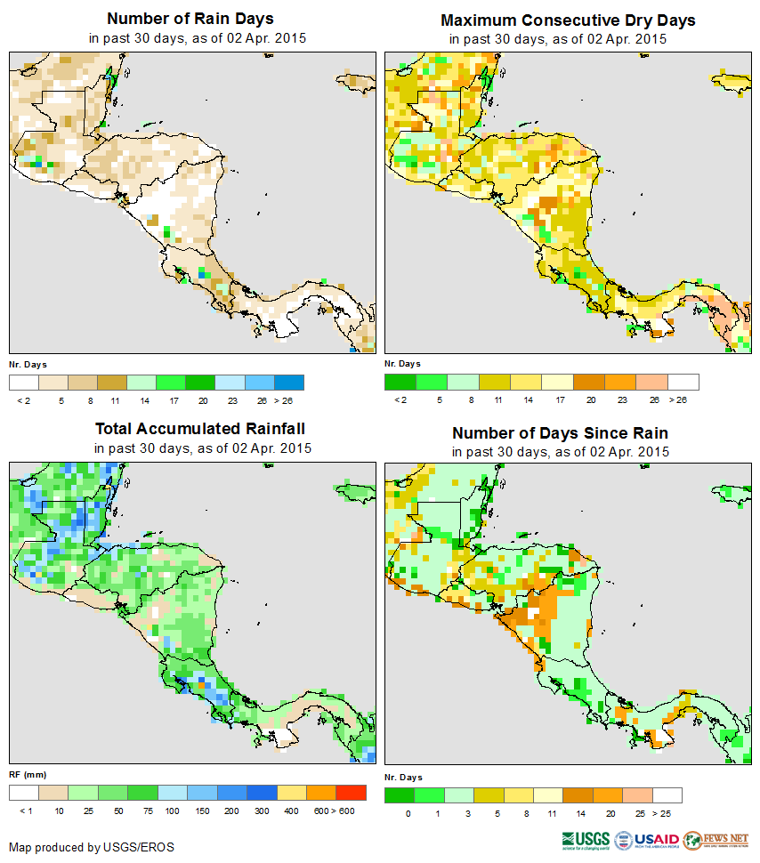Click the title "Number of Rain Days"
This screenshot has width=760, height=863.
click(x=190, y=19)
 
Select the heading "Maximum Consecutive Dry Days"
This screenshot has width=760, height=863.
click(x=568, y=20)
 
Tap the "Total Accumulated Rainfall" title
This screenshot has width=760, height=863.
click(x=204, y=429)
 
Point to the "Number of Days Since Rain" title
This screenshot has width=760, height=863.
click(x=560, y=432)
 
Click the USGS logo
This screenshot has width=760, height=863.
click(x=586, y=839)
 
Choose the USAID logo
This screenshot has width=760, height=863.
click(x=647, y=839)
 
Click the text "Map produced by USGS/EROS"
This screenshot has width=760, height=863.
click(x=92, y=847)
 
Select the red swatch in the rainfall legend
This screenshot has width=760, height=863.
click(x=352, y=793)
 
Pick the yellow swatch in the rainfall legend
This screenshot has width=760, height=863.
click(x=291, y=793)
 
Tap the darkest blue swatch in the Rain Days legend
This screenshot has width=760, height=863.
click(x=290, y=383)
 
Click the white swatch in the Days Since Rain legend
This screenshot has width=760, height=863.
click(x=667, y=795)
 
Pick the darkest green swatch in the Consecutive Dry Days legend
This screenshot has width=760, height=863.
click(x=400, y=383)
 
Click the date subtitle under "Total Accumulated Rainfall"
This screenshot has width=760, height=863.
click(x=203, y=448)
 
